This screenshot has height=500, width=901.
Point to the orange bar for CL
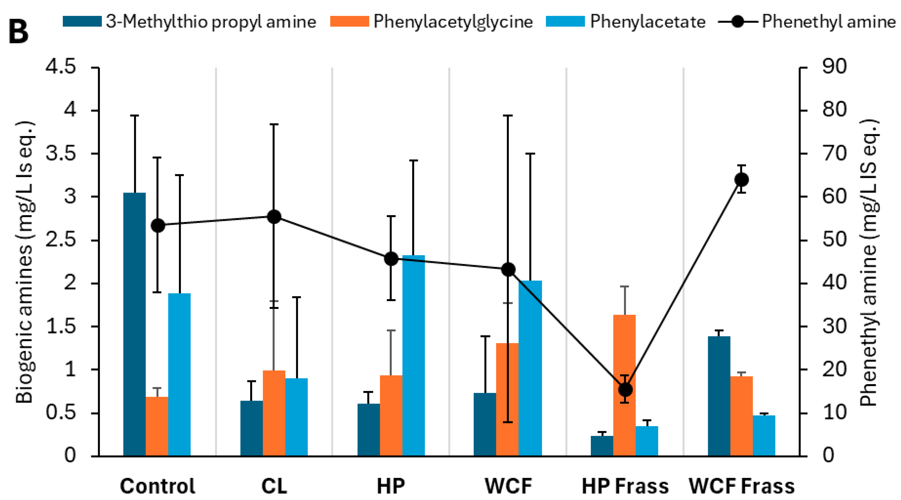(x=274, y=413)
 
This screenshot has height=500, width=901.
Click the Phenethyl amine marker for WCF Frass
(x=741, y=180)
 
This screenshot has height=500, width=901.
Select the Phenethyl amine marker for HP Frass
(x=625, y=389)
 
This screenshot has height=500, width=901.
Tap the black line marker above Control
(x=158, y=226)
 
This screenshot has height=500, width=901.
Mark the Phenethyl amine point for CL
(x=274, y=217)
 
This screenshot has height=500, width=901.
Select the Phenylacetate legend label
(x=647, y=22)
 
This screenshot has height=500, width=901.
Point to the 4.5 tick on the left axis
(x=60, y=66)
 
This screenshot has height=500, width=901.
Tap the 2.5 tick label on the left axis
(x=60, y=240)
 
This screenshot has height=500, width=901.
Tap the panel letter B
(x=18, y=32)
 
